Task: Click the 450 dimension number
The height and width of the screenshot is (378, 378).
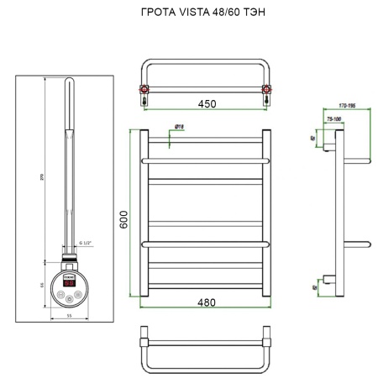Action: tap(207, 104)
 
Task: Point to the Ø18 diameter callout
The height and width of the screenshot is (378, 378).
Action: tap(179, 127)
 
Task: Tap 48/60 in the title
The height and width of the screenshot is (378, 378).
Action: tap(228, 14)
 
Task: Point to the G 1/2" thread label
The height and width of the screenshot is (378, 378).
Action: tap(85, 244)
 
